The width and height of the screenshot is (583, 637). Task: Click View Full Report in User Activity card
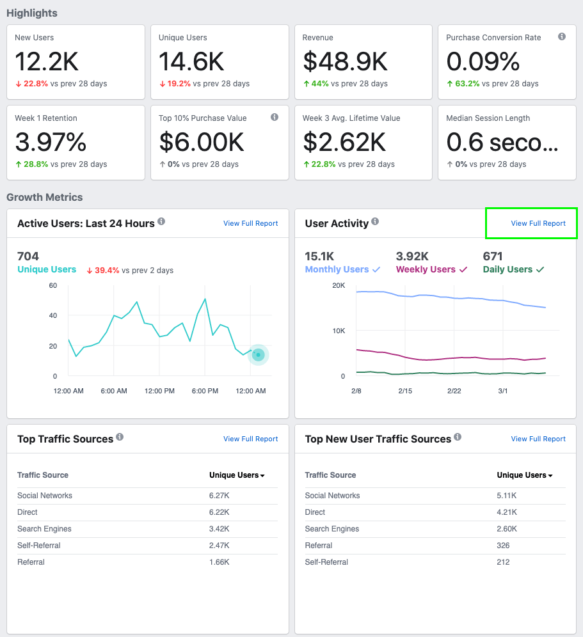(538, 223)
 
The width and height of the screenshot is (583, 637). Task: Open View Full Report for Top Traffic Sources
(250, 439)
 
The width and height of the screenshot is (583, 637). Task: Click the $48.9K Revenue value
(345, 61)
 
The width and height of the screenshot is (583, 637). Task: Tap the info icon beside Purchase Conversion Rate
(562, 37)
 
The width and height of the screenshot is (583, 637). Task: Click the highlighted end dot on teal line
(258, 355)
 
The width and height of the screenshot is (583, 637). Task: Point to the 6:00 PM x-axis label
(205, 391)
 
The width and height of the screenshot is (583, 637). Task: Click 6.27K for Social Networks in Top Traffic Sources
(220, 496)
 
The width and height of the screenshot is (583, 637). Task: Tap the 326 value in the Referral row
(503, 546)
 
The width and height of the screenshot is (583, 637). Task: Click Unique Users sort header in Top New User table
(525, 475)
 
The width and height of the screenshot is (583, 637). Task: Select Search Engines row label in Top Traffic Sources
(44, 529)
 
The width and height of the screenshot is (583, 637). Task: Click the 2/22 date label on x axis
(454, 391)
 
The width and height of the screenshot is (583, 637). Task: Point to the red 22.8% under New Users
(35, 84)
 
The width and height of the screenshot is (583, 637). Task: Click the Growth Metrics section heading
(44, 197)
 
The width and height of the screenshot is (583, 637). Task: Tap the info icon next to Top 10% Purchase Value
(275, 118)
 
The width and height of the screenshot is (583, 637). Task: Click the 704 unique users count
(28, 256)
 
